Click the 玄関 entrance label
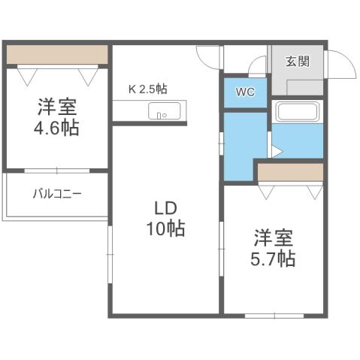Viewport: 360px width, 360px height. click(298, 62)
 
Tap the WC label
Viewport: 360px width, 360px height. click(244, 93)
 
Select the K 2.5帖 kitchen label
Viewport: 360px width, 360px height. click(147, 89)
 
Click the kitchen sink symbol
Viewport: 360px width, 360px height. click(162, 113)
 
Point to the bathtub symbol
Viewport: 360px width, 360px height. click(298, 112)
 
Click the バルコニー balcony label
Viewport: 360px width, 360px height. click(57, 194)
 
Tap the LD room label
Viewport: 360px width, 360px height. click(165, 207)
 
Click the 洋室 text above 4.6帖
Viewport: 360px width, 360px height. click(56, 104)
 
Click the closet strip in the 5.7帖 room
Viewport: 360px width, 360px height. click(290, 172)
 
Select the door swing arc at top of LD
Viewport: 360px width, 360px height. click(208, 57)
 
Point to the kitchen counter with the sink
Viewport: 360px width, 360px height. click(149, 113)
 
